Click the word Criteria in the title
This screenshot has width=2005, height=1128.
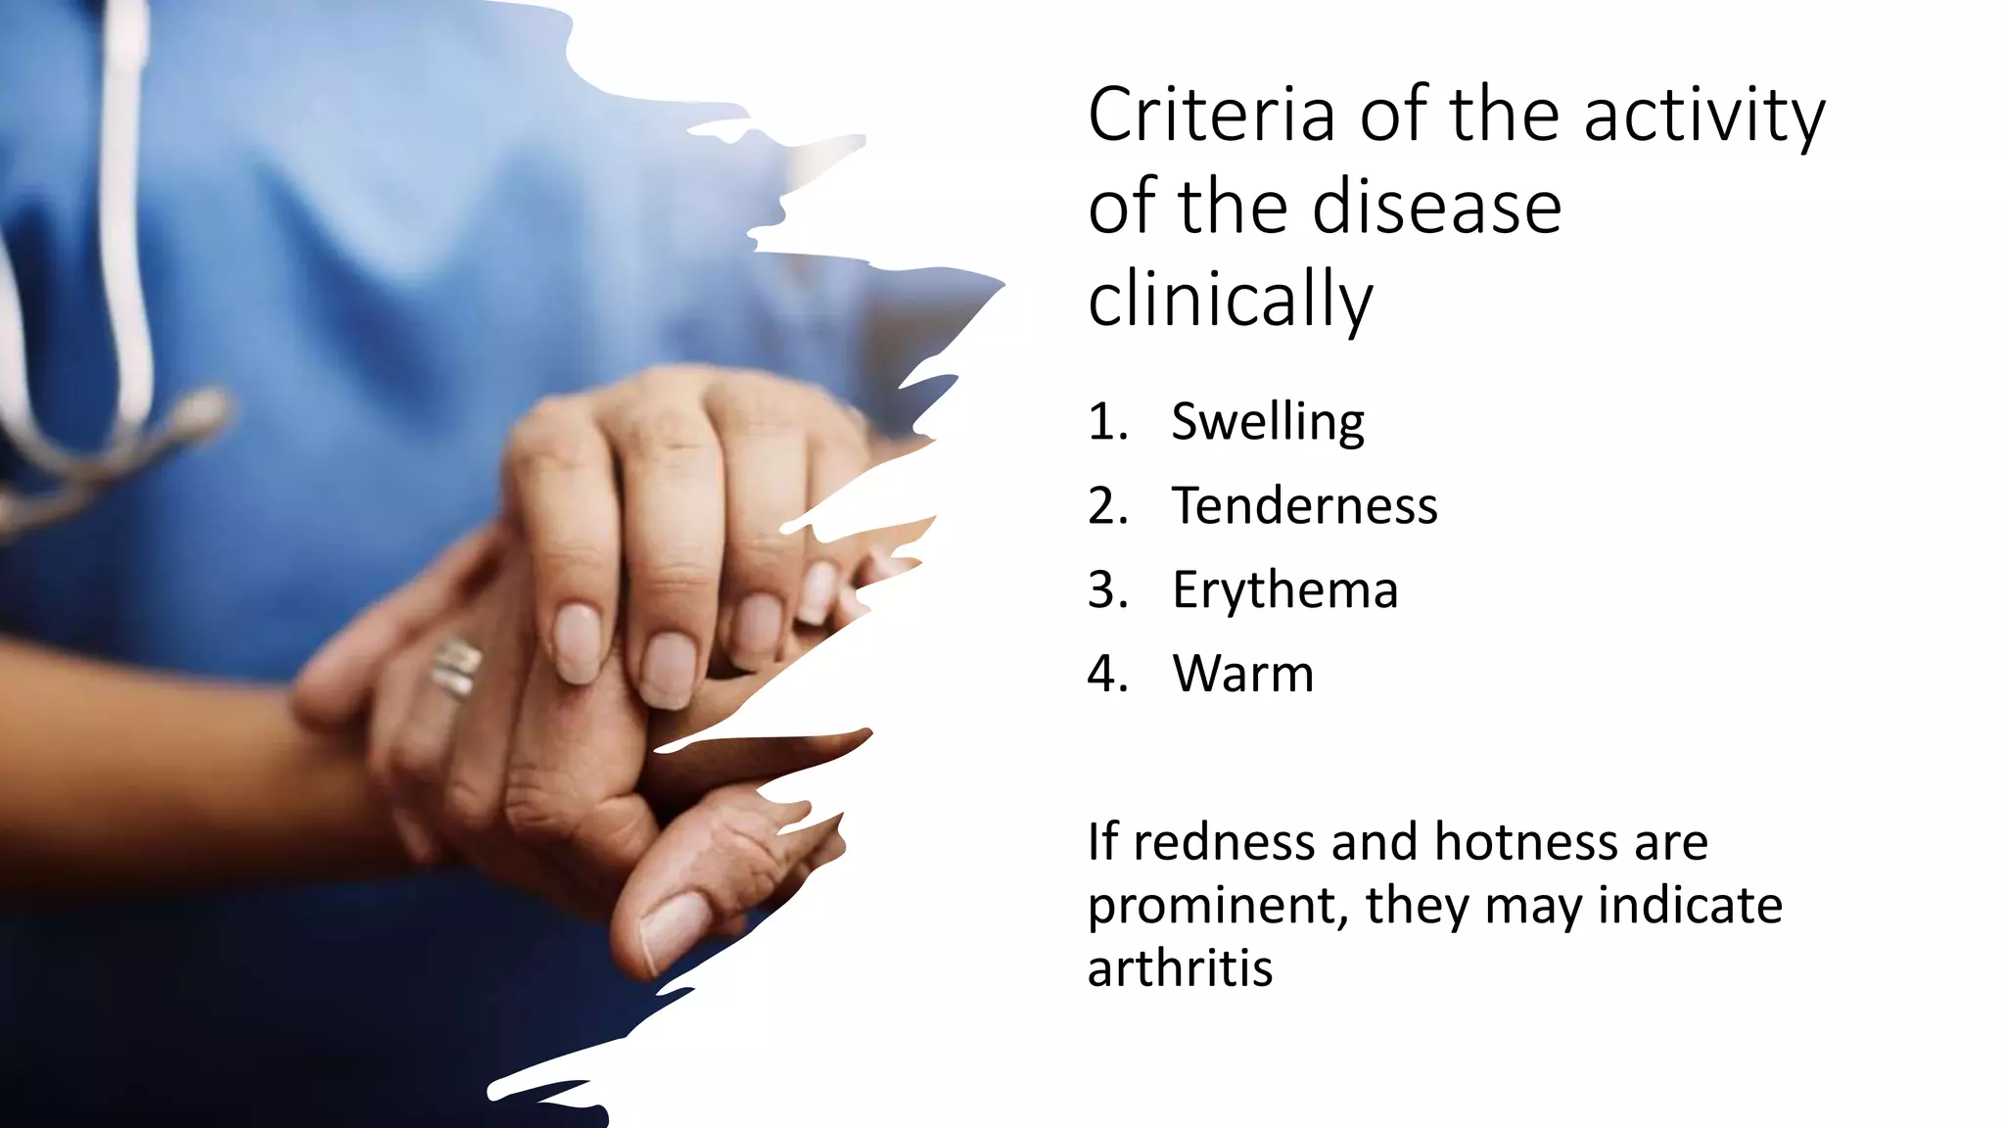pyautogui.click(x=1211, y=116)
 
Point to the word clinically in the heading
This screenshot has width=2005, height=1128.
pyautogui.click(x=1231, y=300)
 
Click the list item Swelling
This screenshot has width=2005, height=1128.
pyautogui.click(x=1268, y=423)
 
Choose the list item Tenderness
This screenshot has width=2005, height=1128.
pyautogui.click(x=1305, y=506)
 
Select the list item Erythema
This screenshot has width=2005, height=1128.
pyautogui.click(x=1285, y=590)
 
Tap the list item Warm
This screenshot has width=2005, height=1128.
pyautogui.click(x=1243, y=674)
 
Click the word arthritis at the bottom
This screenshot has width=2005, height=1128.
pyautogui.click(x=1180, y=968)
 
